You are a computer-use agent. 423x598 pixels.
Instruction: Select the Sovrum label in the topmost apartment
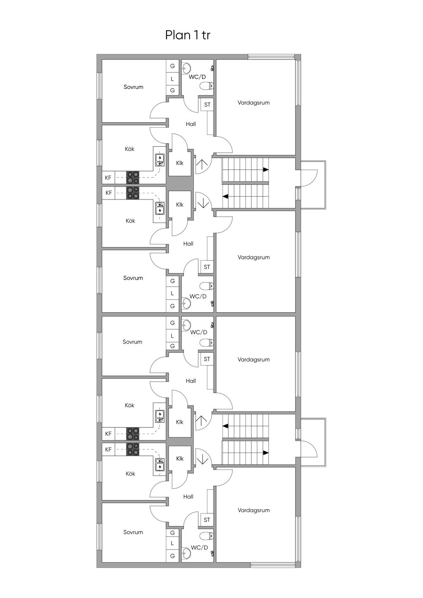point(133,87)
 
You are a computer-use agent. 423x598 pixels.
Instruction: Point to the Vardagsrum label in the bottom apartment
point(253,510)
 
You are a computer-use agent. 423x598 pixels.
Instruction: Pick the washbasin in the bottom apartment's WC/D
point(186,551)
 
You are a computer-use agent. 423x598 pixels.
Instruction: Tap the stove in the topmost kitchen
point(133,178)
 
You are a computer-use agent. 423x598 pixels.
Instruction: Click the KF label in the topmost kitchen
point(108,178)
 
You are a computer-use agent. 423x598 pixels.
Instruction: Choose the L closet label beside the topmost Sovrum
point(172,79)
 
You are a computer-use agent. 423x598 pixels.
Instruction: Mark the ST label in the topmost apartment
point(207,104)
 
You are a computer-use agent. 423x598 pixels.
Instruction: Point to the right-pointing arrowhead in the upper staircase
point(266,169)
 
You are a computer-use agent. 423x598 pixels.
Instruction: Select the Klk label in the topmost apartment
point(180,163)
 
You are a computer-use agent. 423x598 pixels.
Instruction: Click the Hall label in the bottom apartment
point(188,496)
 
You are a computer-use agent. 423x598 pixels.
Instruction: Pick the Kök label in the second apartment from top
point(130,221)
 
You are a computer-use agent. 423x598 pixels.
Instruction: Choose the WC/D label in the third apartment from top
point(199,332)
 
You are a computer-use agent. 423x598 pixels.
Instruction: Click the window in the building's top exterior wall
point(271,57)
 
